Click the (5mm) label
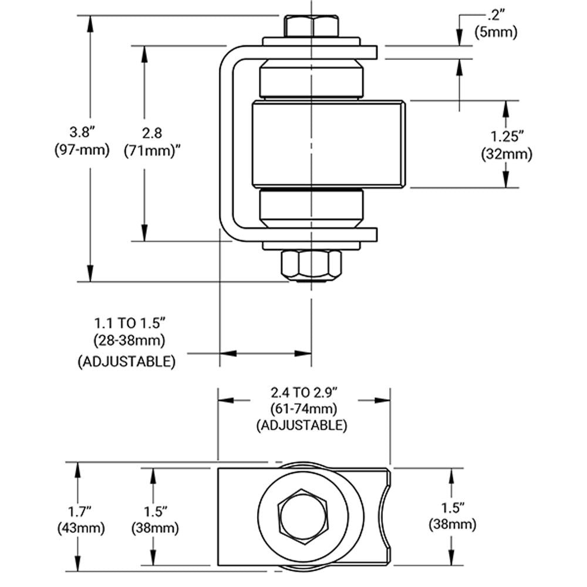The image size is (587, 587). coord(496,32)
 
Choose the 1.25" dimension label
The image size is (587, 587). coord(507,137)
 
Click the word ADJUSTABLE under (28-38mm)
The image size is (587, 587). coord(126,362)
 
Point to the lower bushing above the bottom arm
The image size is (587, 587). coord(311,210)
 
